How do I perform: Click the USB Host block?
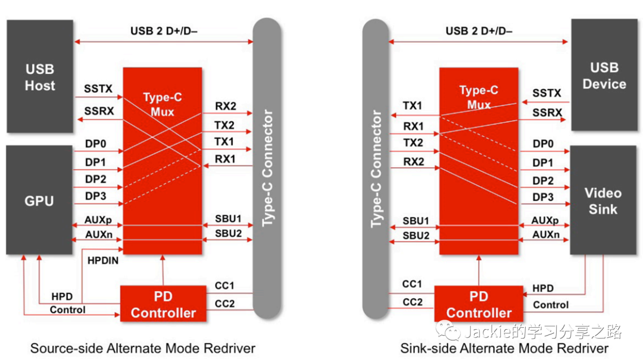click(x=40, y=76)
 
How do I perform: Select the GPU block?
click(x=39, y=201)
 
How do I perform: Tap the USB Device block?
click(x=604, y=76)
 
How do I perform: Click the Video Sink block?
click(x=603, y=201)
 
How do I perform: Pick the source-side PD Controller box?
click(x=163, y=304)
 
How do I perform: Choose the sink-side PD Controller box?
click(x=479, y=304)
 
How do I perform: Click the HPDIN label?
click(x=102, y=260)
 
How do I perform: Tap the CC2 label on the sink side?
click(x=412, y=302)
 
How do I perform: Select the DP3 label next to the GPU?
click(x=95, y=196)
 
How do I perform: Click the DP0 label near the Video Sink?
click(x=543, y=143)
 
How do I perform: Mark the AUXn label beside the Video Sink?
click(x=545, y=235)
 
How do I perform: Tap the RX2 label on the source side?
click(x=225, y=107)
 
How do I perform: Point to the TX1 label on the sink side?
click(x=413, y=106)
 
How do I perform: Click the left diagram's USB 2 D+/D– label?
click(x=164, y=31)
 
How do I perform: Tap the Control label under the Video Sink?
click(x=551, y=305)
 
